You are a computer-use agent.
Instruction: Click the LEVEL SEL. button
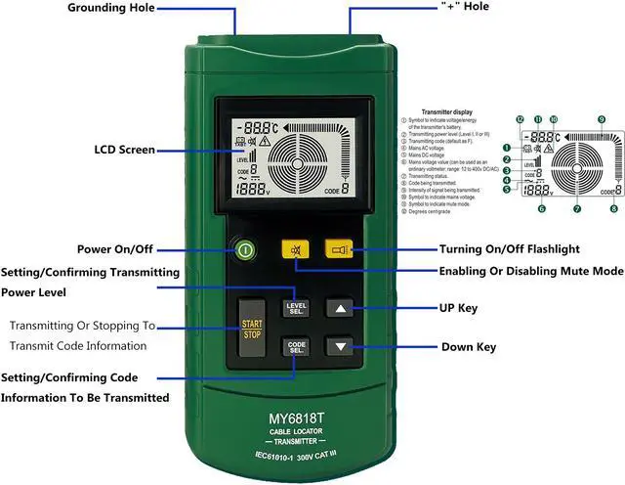click(x=296, y=308)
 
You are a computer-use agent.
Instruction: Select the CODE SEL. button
click(x=296, y=346)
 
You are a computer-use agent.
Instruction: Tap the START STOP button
click(x=252, y=328)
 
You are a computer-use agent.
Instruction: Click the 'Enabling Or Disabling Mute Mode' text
click(x=531, y=271)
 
